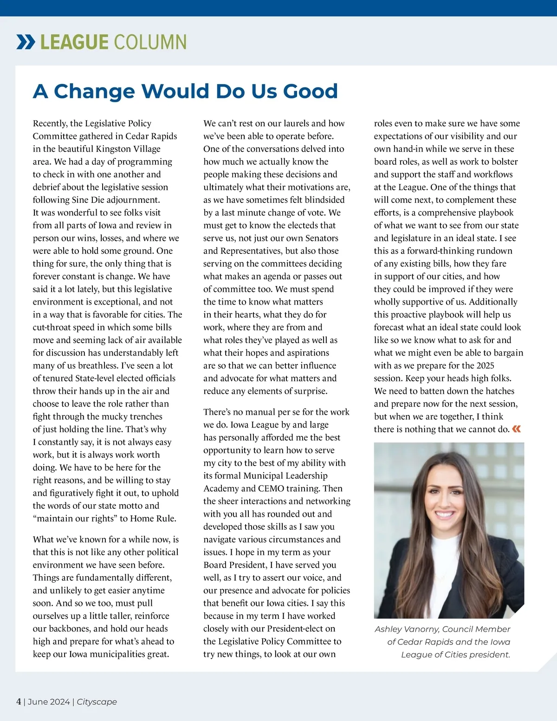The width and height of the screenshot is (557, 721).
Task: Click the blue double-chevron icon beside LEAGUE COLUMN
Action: point(26,42)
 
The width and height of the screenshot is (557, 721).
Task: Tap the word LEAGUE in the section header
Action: point(74,42)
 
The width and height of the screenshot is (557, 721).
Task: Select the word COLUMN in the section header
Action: point(150,42)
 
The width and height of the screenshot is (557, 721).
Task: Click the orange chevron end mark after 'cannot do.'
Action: point(516,429)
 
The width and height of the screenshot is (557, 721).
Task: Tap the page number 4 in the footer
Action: point(19,702)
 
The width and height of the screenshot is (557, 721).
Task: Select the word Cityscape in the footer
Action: point(97,702)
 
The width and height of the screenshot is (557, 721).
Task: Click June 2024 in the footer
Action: point(49,702)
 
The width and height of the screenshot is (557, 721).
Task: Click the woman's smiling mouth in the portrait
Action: point(444,514)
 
